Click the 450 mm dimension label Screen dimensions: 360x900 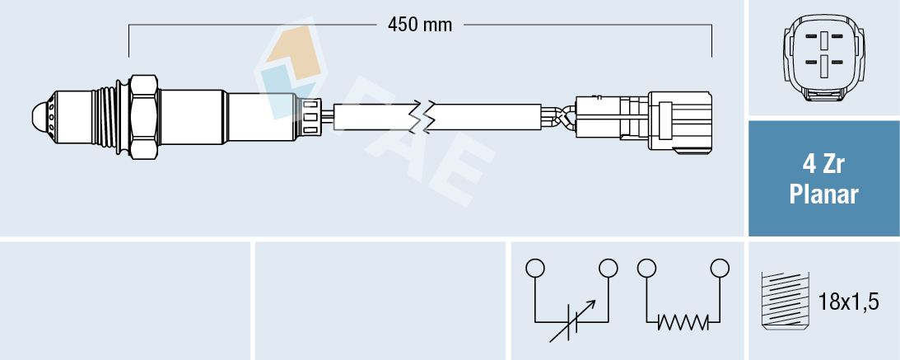[420, 25]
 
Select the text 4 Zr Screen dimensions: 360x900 [823, 165]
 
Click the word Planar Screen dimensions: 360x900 [823, 195]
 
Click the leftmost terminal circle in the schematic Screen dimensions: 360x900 [535, 268]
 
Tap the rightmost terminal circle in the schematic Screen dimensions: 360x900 [720, 268]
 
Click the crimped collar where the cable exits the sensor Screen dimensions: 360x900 [310, 115]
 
